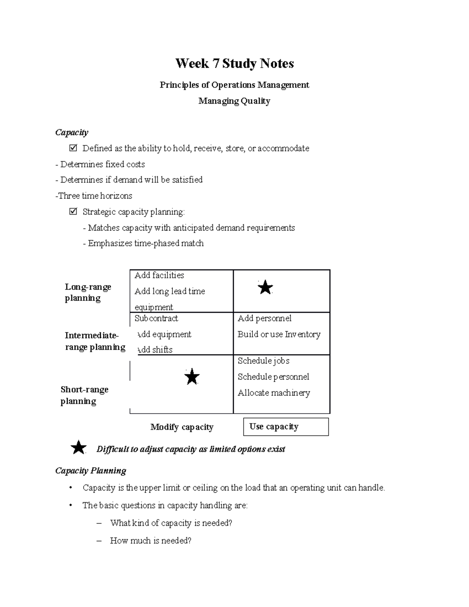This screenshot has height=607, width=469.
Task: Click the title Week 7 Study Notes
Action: (234, 63)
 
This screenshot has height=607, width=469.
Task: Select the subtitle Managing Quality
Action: (234, 101)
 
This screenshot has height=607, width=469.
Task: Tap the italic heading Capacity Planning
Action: (91, 471)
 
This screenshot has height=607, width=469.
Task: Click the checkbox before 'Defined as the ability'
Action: (73, 148)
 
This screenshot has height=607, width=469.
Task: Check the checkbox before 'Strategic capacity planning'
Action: (73, 212)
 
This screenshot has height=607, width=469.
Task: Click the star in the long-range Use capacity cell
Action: (265, 288)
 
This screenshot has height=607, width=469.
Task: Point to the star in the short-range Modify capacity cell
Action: (192, 377)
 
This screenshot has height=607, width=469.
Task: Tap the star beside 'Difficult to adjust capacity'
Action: (79, 448)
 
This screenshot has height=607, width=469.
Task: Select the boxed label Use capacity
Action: (286, 427)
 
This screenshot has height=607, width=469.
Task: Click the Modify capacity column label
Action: (182, 427)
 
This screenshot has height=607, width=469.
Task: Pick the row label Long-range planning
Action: (88, 292)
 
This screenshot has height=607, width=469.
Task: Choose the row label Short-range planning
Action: (84, 395)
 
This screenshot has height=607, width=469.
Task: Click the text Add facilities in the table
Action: (159, 275)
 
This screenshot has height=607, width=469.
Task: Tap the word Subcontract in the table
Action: (156, 318)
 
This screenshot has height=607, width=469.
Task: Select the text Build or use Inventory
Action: (279, 334)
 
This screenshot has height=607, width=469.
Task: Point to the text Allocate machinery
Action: (274, 393)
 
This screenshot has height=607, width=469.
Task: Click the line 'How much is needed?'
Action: (150, 541)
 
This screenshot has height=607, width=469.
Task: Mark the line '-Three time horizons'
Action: (94, 196)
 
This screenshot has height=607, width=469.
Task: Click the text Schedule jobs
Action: (263, 361)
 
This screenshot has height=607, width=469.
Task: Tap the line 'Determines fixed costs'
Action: (100, 164)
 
